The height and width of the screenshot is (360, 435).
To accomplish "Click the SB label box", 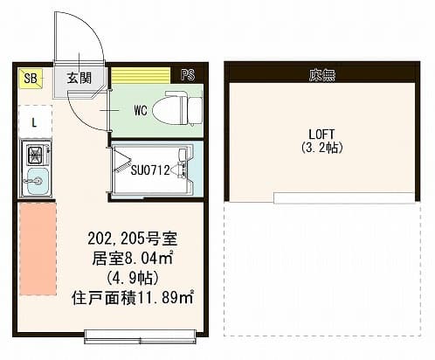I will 30,79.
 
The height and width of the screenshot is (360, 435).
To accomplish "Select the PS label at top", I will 187,76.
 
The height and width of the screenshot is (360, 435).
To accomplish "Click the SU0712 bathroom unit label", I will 149,169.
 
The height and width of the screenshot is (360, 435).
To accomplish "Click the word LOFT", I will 321,134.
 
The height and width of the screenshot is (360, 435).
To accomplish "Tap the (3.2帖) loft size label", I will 321,147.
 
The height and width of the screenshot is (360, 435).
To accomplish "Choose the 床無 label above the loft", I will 321,75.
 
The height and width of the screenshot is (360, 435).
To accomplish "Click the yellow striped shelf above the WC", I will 141,76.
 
